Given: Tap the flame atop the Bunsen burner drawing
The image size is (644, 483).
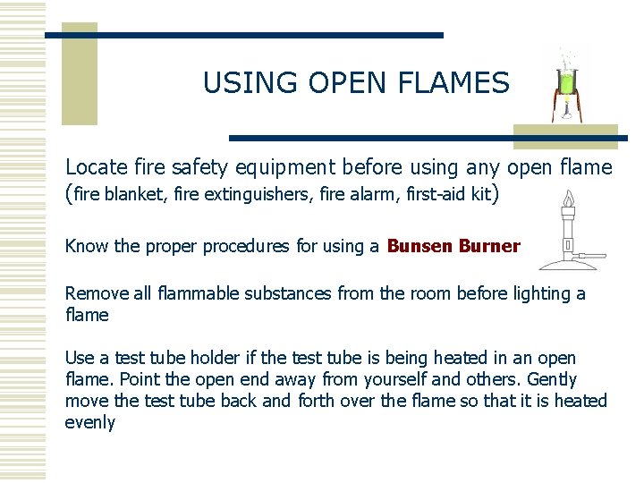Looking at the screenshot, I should tap(567, 198).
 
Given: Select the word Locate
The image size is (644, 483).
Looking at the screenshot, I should tap(96, 167).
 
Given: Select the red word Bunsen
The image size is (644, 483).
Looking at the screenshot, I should tap(419, 246).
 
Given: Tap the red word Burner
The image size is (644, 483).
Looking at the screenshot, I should tap(489, 246).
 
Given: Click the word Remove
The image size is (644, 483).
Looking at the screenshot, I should tap(96, 293).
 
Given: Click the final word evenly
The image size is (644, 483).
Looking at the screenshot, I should tap(89, 422).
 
